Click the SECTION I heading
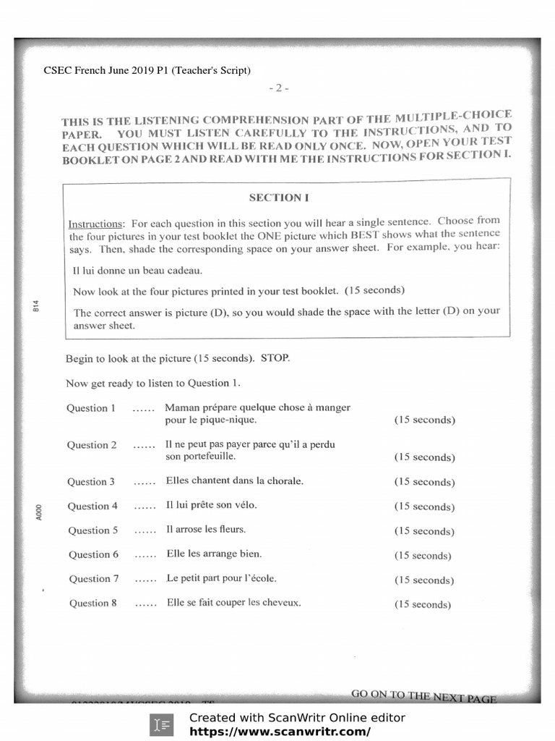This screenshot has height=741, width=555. click(275, 197)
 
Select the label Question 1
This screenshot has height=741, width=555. click(91, 408)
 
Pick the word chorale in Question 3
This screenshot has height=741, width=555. click(282, 480)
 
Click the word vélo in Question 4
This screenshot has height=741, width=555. click(246, 505)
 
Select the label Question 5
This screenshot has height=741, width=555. click(92, 530)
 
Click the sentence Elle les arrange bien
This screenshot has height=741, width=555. click(214, 554)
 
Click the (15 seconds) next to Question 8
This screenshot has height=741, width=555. click(423, 604)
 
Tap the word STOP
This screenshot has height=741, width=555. click(275, 358)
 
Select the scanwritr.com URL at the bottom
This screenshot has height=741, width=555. click(280, 732)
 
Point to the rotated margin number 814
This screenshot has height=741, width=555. click(35, 307)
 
